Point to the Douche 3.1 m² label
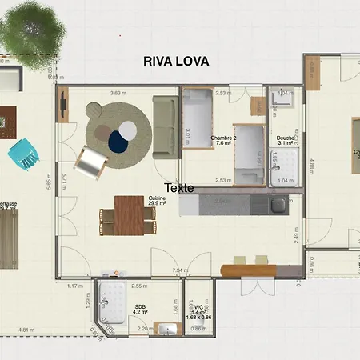286,140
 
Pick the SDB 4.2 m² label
140,309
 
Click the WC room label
198,308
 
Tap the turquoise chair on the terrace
23,152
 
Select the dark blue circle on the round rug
118,142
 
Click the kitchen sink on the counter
278,206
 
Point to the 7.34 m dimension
179,270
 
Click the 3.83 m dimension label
119,93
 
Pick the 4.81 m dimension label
27,329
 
